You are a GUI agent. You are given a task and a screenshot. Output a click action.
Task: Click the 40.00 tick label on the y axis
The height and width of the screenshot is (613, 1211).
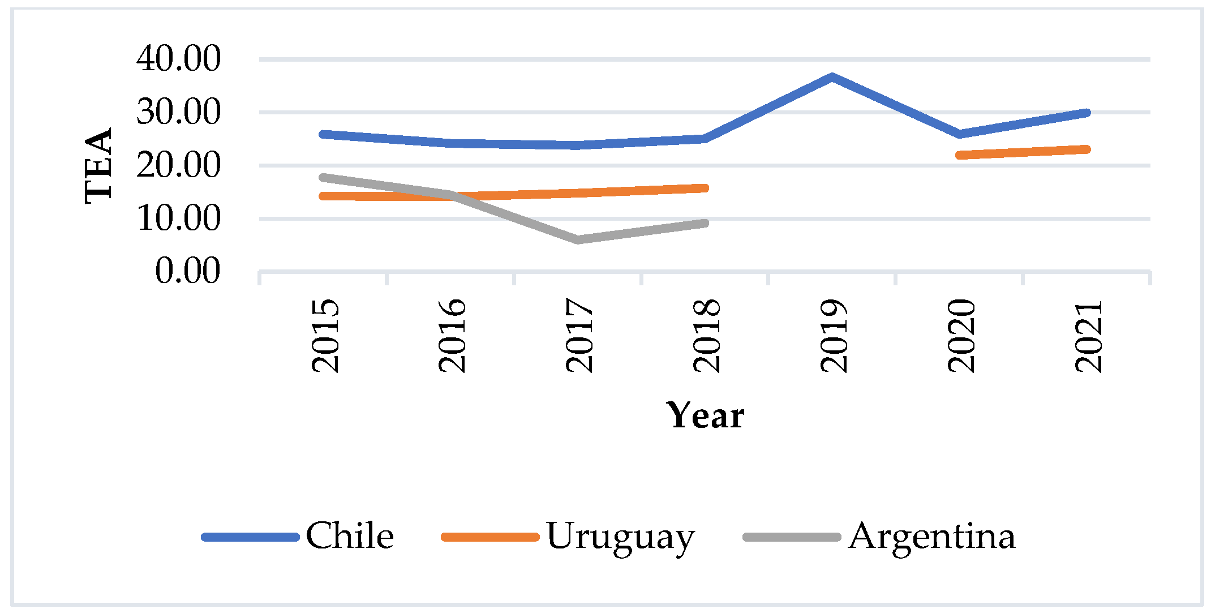click(x=178, y=58)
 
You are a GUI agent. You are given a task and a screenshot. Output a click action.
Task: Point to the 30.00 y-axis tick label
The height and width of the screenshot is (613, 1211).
click(x=178, y=112)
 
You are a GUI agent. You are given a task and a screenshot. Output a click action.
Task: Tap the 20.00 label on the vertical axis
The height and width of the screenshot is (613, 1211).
click(x=178, y=165)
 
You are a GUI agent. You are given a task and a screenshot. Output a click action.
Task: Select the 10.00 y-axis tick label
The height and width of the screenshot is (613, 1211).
click(x=178, y=218)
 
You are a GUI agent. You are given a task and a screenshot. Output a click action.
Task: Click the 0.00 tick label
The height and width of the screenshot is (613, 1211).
click(x=187, y=271)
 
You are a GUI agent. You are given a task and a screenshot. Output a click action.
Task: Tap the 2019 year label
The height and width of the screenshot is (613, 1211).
click(x=834, y=336)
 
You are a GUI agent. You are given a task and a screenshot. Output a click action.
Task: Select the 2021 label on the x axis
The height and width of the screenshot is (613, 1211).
click(x=1088, y=336)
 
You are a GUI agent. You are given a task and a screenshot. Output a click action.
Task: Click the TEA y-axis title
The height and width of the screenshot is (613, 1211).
click(x=98, y=165)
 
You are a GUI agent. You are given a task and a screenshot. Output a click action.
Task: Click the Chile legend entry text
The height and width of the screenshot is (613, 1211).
click(x=350, y=535)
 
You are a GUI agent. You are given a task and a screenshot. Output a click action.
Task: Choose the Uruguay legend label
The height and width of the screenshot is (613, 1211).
click(x=620, y=537)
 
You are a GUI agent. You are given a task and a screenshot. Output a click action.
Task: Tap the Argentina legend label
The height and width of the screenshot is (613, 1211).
click(x=932, y=535)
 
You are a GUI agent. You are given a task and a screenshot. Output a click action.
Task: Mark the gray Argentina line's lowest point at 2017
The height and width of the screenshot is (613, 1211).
click(x=578, y=240)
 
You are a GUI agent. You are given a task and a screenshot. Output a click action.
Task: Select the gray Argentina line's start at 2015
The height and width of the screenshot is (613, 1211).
click(x=323, y=177)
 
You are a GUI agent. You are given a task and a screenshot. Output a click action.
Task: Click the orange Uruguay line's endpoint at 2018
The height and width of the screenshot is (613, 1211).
click(x=705, y=188)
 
